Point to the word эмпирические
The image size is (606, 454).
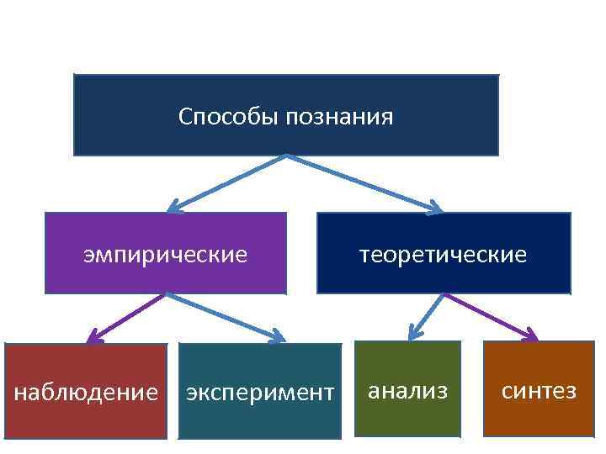click(x=165, y=253)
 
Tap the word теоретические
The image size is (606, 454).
click(x=444, y=253)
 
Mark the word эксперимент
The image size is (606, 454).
click(x=260, y=392)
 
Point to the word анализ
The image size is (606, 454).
click(x=407, y=390)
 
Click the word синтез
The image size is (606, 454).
click(x=540, y=390)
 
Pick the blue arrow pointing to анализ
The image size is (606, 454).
click(x=426, y=317)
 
